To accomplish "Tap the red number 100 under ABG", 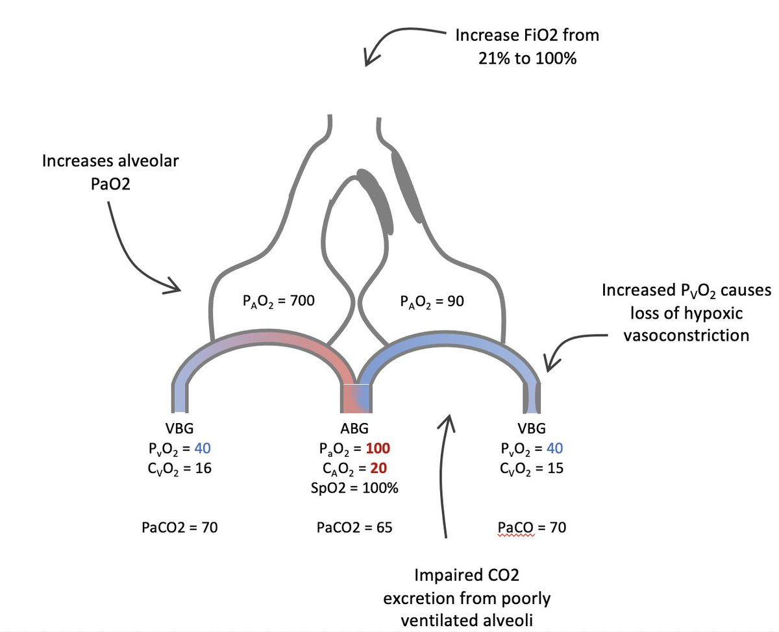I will click(378, 448).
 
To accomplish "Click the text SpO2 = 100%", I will click(355, 488).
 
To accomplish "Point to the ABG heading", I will click(354, 429).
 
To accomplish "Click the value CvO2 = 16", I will click(179, 468).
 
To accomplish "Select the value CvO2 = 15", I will click(532, 468).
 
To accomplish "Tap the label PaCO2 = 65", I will click(354, 528).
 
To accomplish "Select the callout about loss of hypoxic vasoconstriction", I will click(686, 312).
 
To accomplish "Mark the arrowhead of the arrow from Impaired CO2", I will click(447, 421).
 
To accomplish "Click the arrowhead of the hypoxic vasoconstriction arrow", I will click(547, 367).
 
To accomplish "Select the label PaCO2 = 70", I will click(179, 528).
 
